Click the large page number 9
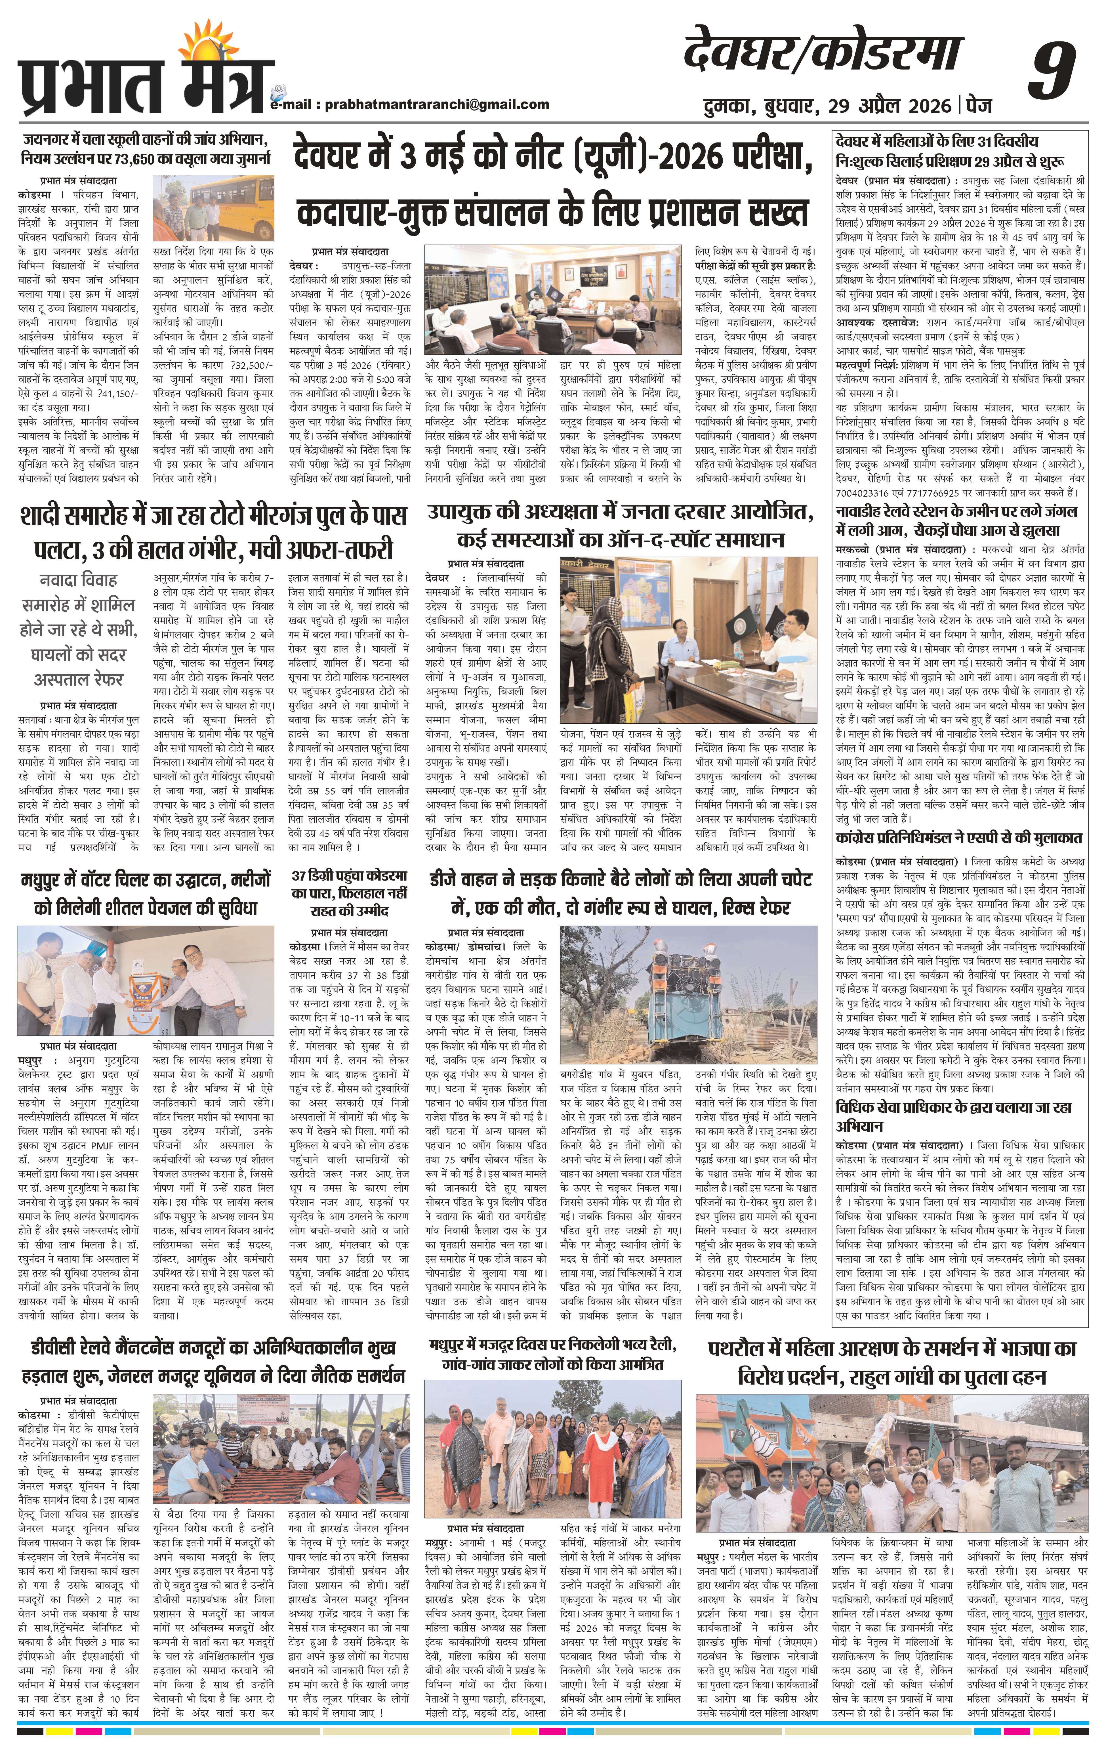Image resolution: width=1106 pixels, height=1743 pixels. click(1055, 69)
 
